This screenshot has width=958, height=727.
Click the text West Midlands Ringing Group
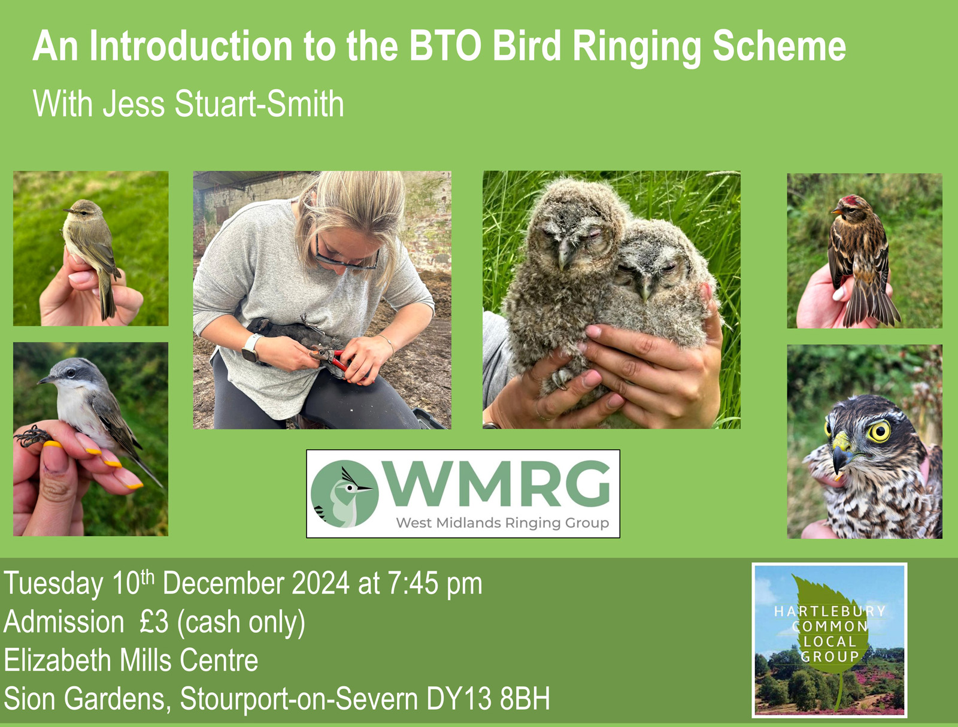pyautogui.click(x=502, y=523)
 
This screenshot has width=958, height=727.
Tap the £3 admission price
pyautogui.click(x=154, y=622)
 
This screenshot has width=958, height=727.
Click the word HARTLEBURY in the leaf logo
pyautogui.click(x=829, y=611)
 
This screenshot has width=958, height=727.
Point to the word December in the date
pyautogui.click(x=224, y=583)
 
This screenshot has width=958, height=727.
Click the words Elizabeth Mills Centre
pyautogui.click(x=131, y=661)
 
